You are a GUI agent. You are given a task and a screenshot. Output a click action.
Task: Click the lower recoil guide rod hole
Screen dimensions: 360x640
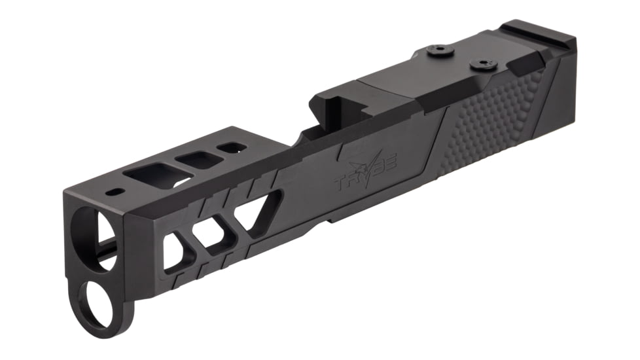click(x=99, y=304)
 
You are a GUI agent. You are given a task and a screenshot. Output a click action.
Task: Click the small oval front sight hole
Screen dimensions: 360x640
click(x=116, y=192)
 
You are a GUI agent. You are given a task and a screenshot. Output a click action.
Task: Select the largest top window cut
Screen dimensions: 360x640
click(x=154, y=175)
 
